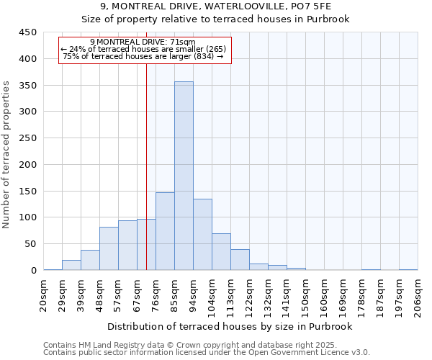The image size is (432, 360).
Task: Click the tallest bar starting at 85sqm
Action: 184,176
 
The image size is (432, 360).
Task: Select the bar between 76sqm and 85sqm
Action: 165,231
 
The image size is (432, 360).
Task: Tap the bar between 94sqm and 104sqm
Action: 202,234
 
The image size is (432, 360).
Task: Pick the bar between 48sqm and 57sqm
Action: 109,248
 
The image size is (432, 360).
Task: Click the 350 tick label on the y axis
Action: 28,86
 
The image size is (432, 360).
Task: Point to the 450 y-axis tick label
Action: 28,32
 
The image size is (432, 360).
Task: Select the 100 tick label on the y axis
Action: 28,217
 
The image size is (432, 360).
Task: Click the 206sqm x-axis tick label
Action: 418,294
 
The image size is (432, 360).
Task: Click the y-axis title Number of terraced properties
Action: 7,155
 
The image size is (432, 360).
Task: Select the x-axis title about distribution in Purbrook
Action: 230,326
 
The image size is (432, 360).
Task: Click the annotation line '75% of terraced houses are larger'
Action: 143,56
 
